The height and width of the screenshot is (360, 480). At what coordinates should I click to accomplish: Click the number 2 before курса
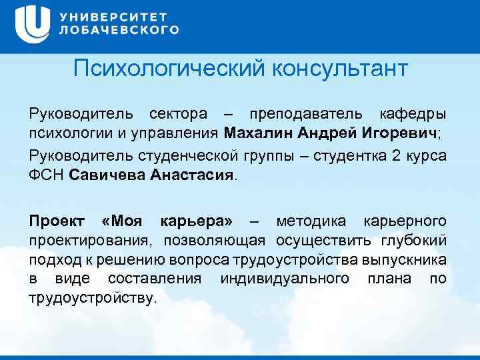tap(397, 156)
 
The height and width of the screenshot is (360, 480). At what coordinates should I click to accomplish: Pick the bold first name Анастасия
tap(193, 175)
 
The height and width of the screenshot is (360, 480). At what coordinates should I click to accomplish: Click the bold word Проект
tap(57, 220)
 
